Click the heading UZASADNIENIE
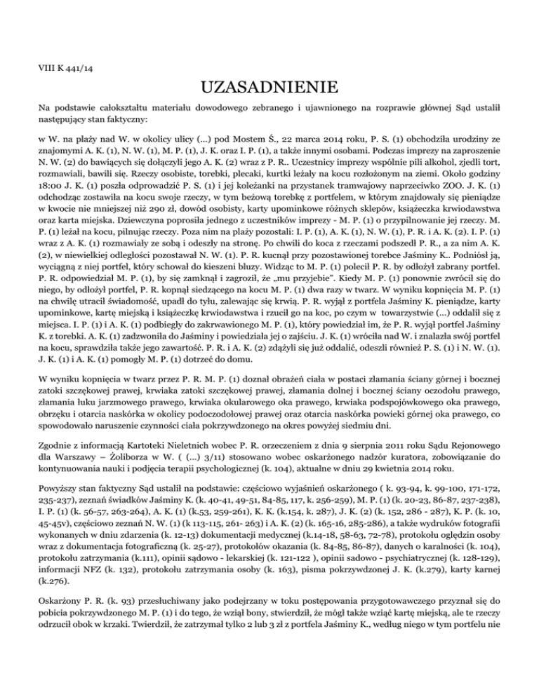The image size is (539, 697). [269, 89]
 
